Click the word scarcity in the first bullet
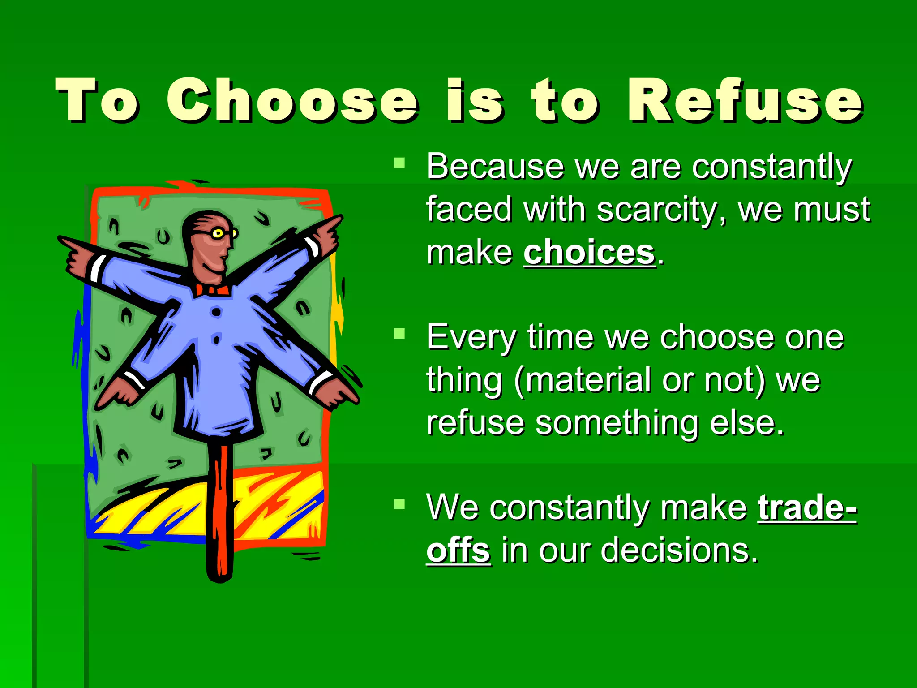tap(657, 210)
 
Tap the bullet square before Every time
tap(399, 333)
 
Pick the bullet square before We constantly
tap(399, 504)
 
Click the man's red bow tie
tap(213, 290)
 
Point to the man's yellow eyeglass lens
tap(218, 233)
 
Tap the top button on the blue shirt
tap(216, 312)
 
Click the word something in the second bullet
tap(617, 422)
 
